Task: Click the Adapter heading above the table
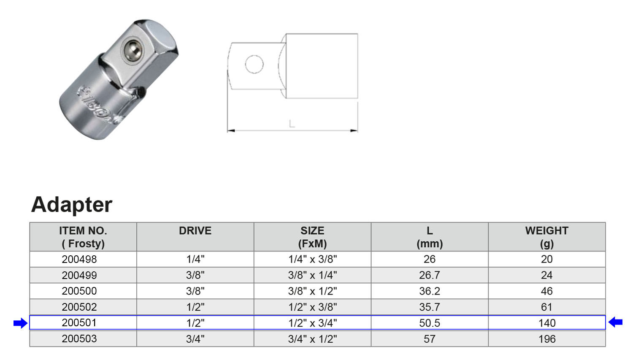coord(72,205)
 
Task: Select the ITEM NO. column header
coord(83,237)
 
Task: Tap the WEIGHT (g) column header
coord(547,237)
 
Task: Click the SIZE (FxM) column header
coord(312,237)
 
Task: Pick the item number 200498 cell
coord(79,259)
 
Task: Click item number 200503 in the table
coord(79,338)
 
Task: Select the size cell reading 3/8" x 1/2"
coord(313,291)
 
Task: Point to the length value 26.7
coord(430,275)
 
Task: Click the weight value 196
coord(547,339)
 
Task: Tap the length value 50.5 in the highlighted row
coord(430,323)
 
